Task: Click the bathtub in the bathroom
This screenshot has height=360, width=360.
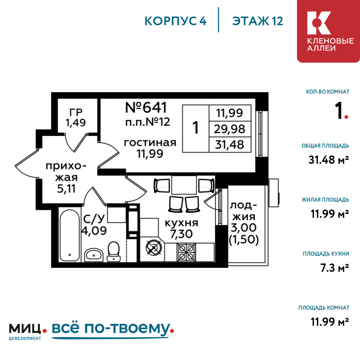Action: click(x=69, y=234)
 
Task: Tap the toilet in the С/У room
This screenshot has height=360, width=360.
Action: click(x=114, y=251)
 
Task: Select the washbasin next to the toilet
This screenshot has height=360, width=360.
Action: click(x=94, y=255)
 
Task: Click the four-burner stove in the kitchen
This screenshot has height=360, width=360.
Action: click(x=186, y=252)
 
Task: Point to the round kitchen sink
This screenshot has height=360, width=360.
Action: click(x=154, y=248)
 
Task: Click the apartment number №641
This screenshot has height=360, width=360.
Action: click(x=146, y=107)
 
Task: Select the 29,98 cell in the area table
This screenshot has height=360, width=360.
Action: click(x=230, y=129)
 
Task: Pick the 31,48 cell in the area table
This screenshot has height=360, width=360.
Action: click(x=230, y=145)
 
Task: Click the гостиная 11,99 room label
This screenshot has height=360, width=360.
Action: click(x=150, y=148)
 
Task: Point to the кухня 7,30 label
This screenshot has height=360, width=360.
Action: click(x=181, y=229)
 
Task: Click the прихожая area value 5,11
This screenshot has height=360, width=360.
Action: click(x=66, y=189)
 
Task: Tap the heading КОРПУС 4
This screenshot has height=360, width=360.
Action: click(x=175, y=21)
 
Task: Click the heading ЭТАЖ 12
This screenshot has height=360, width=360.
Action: click(x=258, y=21)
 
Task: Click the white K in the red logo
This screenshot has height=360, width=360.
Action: click(x=319, y=23)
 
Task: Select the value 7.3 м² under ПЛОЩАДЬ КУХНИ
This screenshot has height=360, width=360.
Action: click(x=335, y=268)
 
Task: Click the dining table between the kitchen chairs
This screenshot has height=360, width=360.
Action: click(x=184, y=185)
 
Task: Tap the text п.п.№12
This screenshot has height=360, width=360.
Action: click(x=148, y=122)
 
